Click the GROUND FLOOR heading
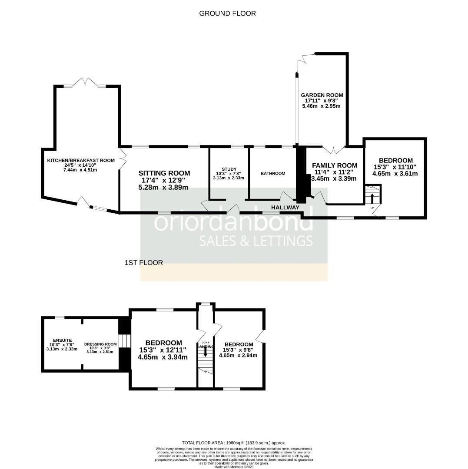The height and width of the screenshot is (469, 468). point(227,13)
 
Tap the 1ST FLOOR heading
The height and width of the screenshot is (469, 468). point(143,263)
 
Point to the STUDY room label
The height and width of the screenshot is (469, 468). point(229,169)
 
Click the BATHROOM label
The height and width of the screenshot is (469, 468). point(273,174)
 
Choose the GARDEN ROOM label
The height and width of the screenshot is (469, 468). point(322,95)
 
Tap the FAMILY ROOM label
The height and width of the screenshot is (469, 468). point(335,165)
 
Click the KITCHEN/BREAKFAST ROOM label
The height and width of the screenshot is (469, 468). point(81,160)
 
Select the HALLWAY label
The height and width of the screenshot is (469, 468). point(285,208)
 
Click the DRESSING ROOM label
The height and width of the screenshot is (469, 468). point(101,343)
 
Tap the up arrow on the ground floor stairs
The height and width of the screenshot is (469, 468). point(372,198)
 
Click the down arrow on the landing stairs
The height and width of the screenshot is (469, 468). point(205,353)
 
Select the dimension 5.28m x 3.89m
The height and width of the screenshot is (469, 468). point(164,188)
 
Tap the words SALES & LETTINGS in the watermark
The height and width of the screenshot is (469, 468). point(256,241)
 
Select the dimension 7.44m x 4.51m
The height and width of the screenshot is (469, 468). point(81,170)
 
